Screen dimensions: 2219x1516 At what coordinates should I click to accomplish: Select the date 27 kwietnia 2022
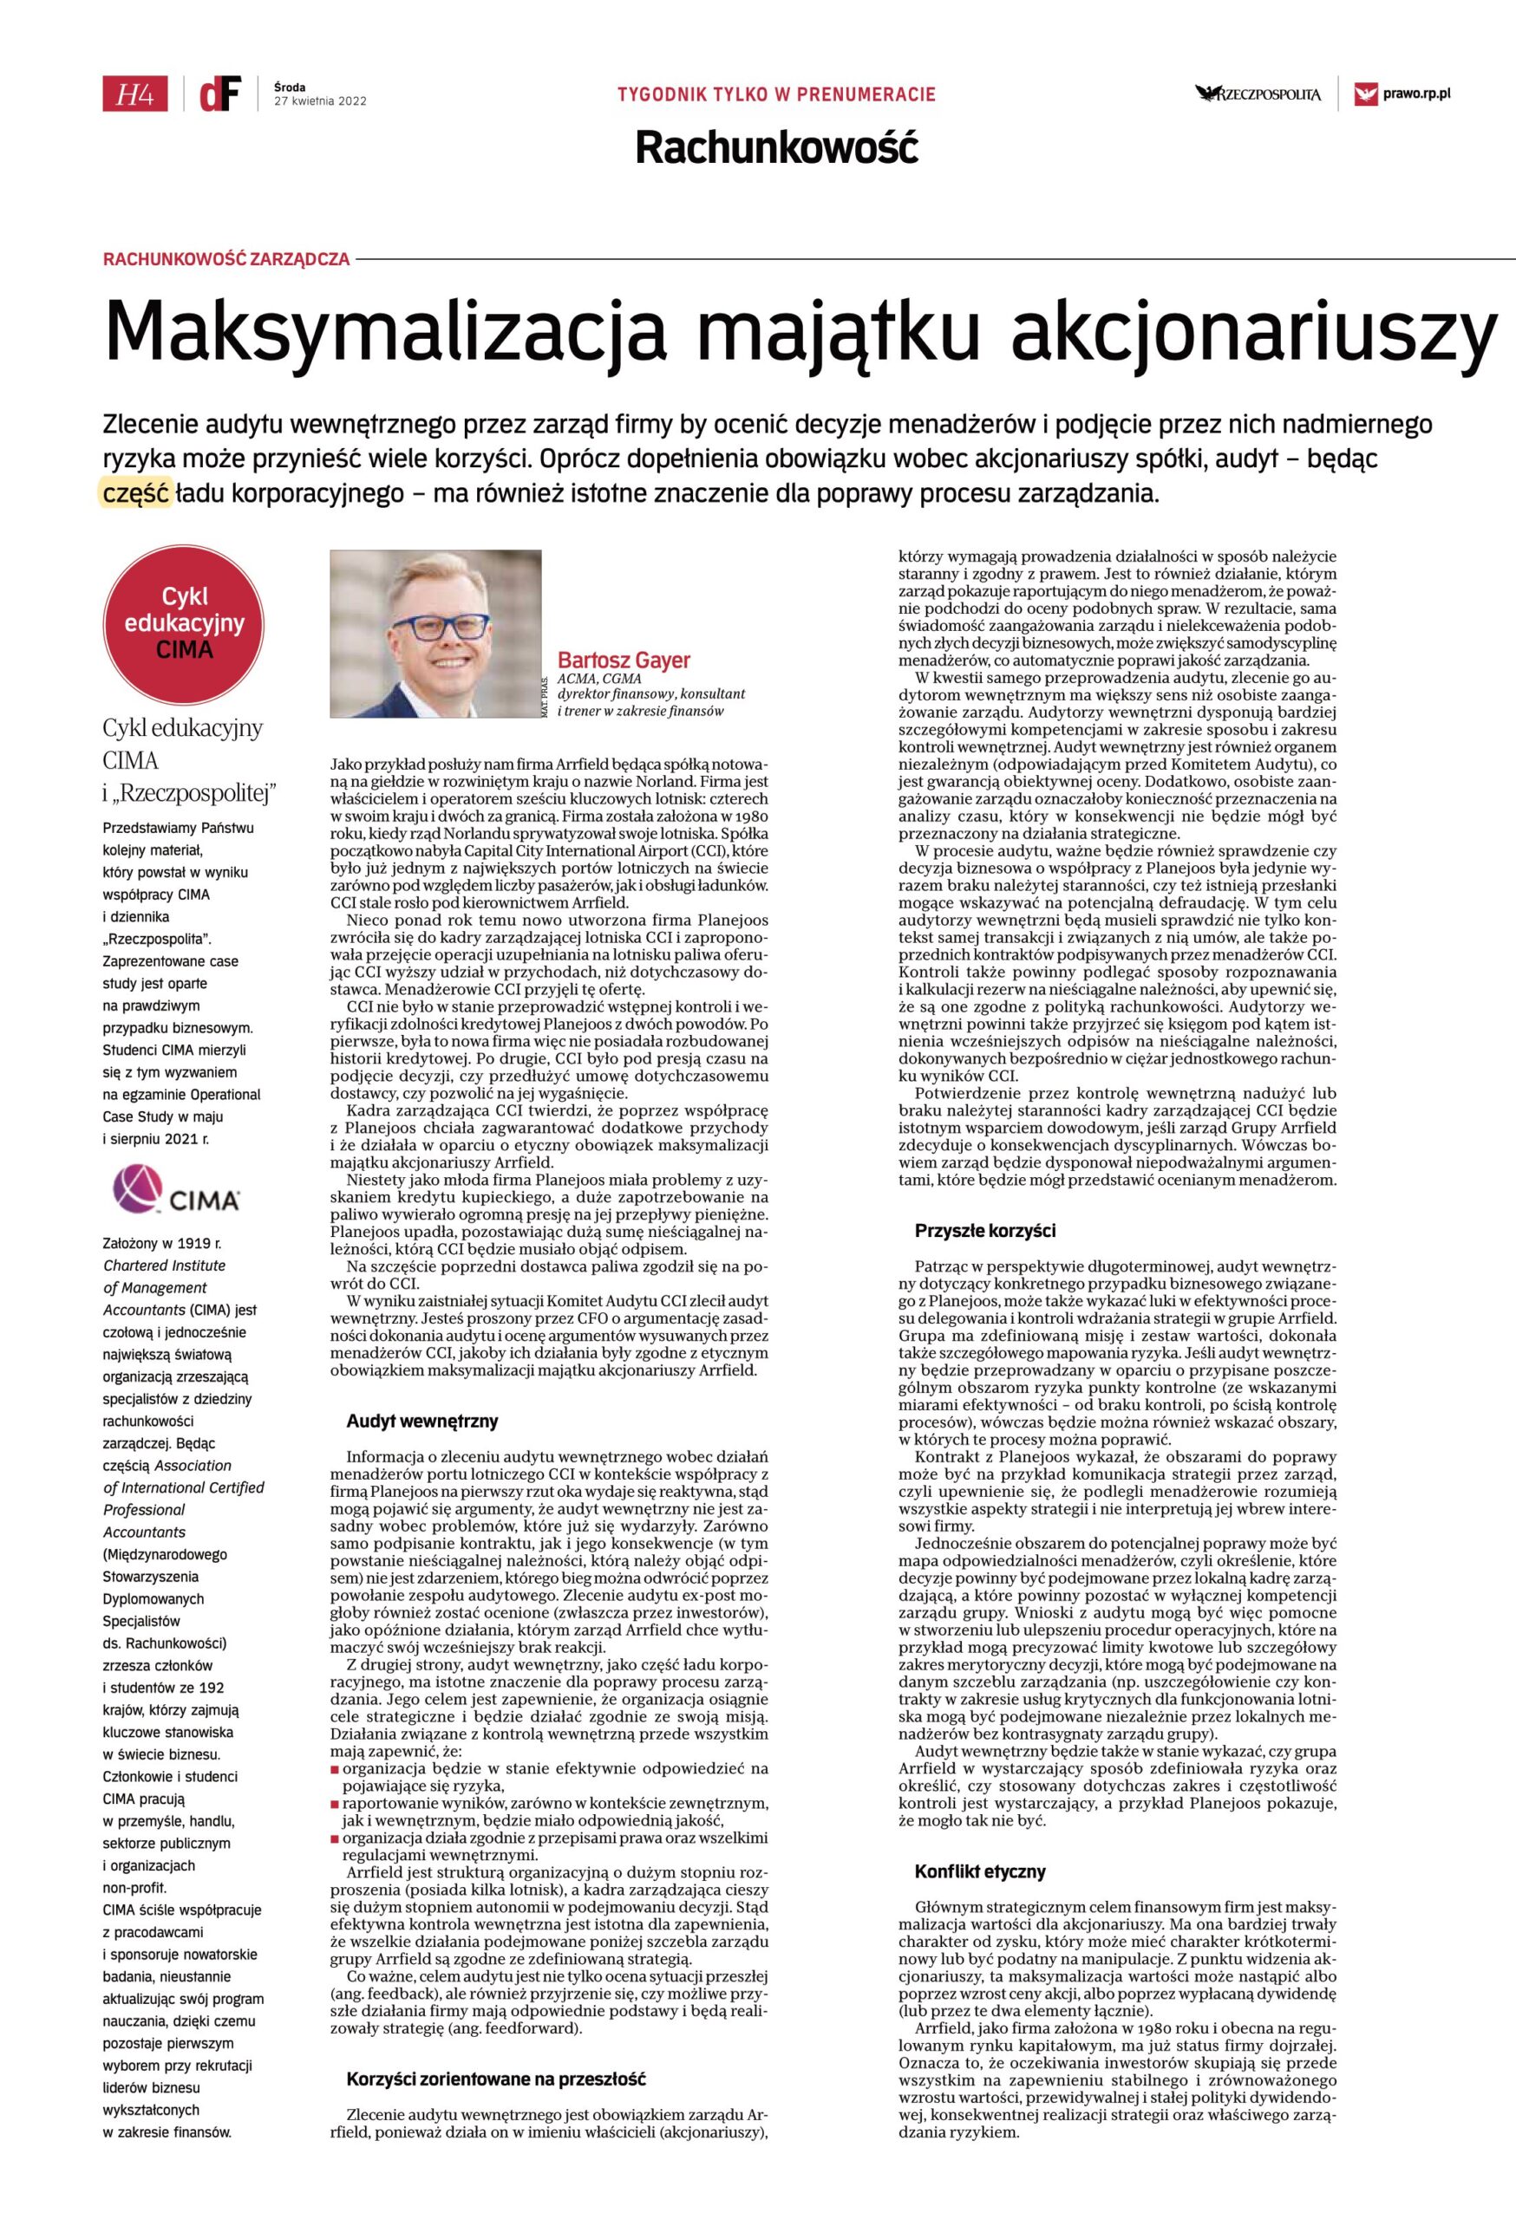pos(320,101)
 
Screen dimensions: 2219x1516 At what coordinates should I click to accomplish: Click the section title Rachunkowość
pos(776,148)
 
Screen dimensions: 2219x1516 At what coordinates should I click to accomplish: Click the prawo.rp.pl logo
pos(1403,94)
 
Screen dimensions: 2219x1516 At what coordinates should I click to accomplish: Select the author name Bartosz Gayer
pos(623,660)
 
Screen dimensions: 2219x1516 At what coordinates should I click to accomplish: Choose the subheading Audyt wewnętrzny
pos(422,1422)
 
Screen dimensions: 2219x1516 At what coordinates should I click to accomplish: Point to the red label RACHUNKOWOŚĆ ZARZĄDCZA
pos(226,259)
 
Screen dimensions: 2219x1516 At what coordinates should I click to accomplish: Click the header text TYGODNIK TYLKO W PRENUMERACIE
pos(776,94)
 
